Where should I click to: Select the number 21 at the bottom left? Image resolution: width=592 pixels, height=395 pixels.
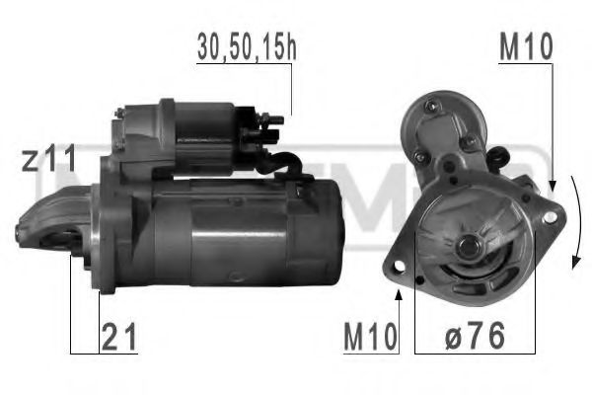tap(119, 339)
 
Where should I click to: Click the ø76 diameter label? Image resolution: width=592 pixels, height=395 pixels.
tap(473, 339)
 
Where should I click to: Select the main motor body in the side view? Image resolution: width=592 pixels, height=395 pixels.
tap(247, 232)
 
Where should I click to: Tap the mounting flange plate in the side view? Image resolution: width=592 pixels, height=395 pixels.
tap(109, 237)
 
